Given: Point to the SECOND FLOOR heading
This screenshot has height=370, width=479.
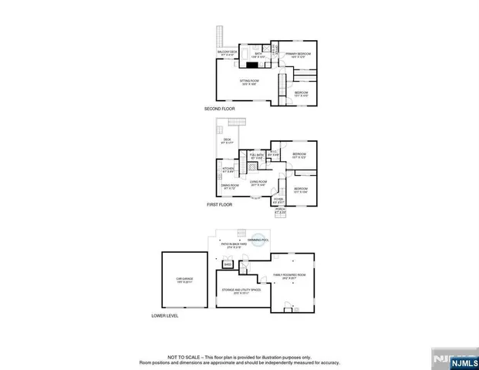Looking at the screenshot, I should coord(220,109).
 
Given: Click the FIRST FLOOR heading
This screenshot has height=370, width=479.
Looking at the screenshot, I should coord(220,204).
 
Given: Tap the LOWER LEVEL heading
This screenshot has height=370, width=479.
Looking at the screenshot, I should coord(164,316).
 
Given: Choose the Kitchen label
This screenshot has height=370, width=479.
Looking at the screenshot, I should coord(228,169).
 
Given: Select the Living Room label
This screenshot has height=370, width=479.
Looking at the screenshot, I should coord(258,183).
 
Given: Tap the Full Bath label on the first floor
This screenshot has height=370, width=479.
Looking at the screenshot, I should coord(256,156).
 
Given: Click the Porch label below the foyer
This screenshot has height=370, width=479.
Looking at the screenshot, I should coord(279,210).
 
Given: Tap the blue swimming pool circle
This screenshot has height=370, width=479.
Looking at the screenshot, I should coord(264,240).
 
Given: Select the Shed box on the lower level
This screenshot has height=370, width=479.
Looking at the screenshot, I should coord(228,264).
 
